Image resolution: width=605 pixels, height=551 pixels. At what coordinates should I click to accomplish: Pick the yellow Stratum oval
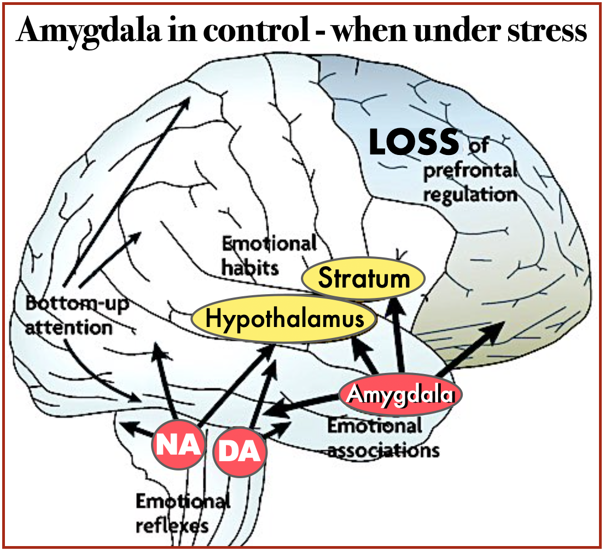(364, 278)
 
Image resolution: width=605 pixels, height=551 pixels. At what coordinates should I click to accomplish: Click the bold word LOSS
(414, 142)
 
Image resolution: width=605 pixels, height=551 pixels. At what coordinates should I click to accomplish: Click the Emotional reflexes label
(175, 513)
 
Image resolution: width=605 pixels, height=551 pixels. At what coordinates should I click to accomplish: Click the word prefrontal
(470, 171)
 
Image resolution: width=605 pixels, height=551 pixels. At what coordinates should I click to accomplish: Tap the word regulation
(470, 194)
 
